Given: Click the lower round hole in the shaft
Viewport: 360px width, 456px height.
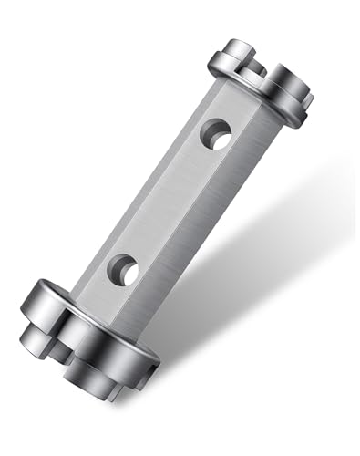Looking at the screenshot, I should (x=122, y=269).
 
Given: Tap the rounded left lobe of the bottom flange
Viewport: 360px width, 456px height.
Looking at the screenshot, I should (x=36, y=306).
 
